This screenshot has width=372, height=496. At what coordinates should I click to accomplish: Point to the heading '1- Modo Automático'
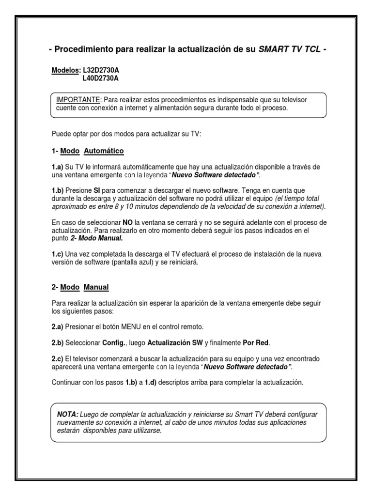click(x=88, y=151)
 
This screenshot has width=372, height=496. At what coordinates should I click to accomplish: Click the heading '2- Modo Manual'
click(x=80, y=287)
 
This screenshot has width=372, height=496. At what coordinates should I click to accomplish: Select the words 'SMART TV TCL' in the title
click(x=289, y=49)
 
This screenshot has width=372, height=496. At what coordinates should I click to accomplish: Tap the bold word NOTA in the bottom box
click(x=67, y=415)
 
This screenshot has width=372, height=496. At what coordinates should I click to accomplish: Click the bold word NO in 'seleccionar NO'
click(x=128, y=222)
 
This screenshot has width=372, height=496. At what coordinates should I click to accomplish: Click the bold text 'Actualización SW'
click(x=175, y=343)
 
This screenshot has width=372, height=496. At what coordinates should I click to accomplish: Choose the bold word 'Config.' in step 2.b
click(x=114, y=343)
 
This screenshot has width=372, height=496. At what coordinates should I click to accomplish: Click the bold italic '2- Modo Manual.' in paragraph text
click(x=96, y=238)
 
